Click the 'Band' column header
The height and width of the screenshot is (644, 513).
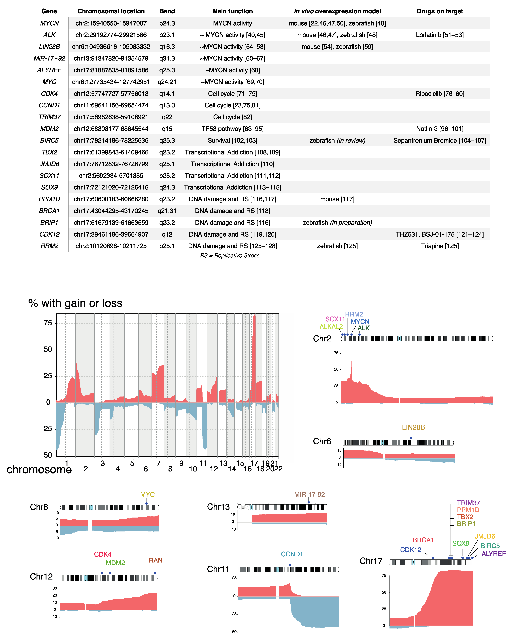click(167, 11)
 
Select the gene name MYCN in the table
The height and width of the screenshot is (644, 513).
click(49, 23)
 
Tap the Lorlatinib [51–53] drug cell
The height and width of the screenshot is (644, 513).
click(439, 35)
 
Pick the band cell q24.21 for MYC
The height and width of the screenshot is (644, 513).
click(167, 82)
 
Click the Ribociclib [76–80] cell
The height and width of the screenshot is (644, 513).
click(439, 94)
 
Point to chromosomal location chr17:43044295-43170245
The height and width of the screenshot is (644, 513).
click(111, 211)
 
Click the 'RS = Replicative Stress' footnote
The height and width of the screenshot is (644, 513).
click(230, 255)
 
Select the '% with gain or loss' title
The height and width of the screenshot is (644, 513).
click(75, 303)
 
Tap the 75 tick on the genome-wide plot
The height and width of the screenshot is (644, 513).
click(48, 323)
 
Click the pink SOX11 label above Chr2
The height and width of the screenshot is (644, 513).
click(335, 319)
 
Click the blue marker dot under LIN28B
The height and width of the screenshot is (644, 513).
click(411, 438)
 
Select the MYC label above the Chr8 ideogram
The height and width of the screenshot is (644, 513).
click(147, 494)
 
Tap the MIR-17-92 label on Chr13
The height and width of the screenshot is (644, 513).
click(309, 494)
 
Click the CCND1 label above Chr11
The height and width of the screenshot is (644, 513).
click(292, 554)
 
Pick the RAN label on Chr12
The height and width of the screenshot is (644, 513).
click(156, 560)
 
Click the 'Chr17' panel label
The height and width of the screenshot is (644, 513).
click(371, 561)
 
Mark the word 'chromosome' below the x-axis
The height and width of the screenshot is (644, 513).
click(39, 469)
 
